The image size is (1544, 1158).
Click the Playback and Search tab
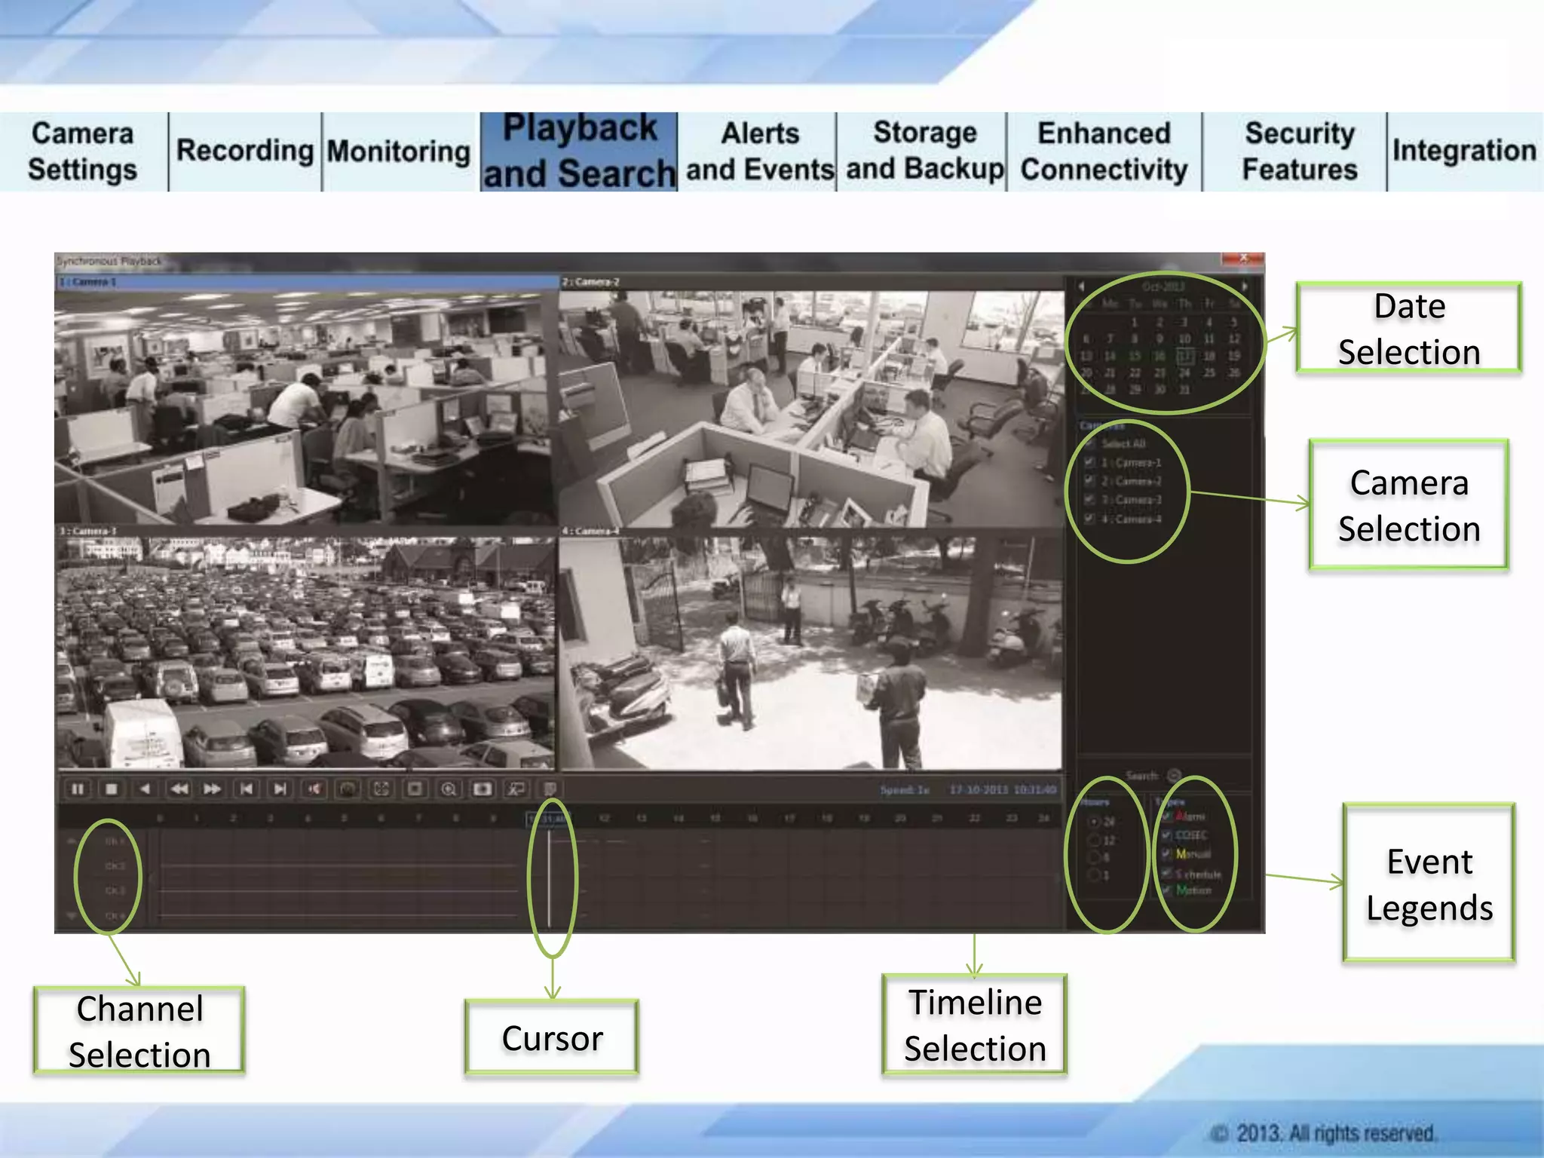579,152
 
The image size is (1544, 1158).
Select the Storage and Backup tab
924,152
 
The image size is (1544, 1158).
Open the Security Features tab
1299,152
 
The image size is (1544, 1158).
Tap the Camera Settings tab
83,152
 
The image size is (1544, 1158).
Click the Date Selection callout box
1408,329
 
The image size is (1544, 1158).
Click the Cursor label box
552,1038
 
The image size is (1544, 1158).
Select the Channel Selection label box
139,1031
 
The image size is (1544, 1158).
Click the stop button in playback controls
112,789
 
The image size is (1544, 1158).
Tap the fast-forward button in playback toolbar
213,789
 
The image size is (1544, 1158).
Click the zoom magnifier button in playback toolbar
449,789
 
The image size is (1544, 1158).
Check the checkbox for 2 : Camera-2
1089,481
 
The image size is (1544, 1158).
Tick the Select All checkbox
1089,444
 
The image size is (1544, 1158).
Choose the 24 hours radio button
1094,822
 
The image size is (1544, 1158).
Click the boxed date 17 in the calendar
1184,356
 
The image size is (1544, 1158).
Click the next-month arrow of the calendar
1244,286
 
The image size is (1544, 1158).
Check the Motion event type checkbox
1166,890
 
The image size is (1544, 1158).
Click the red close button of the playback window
1243,259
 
